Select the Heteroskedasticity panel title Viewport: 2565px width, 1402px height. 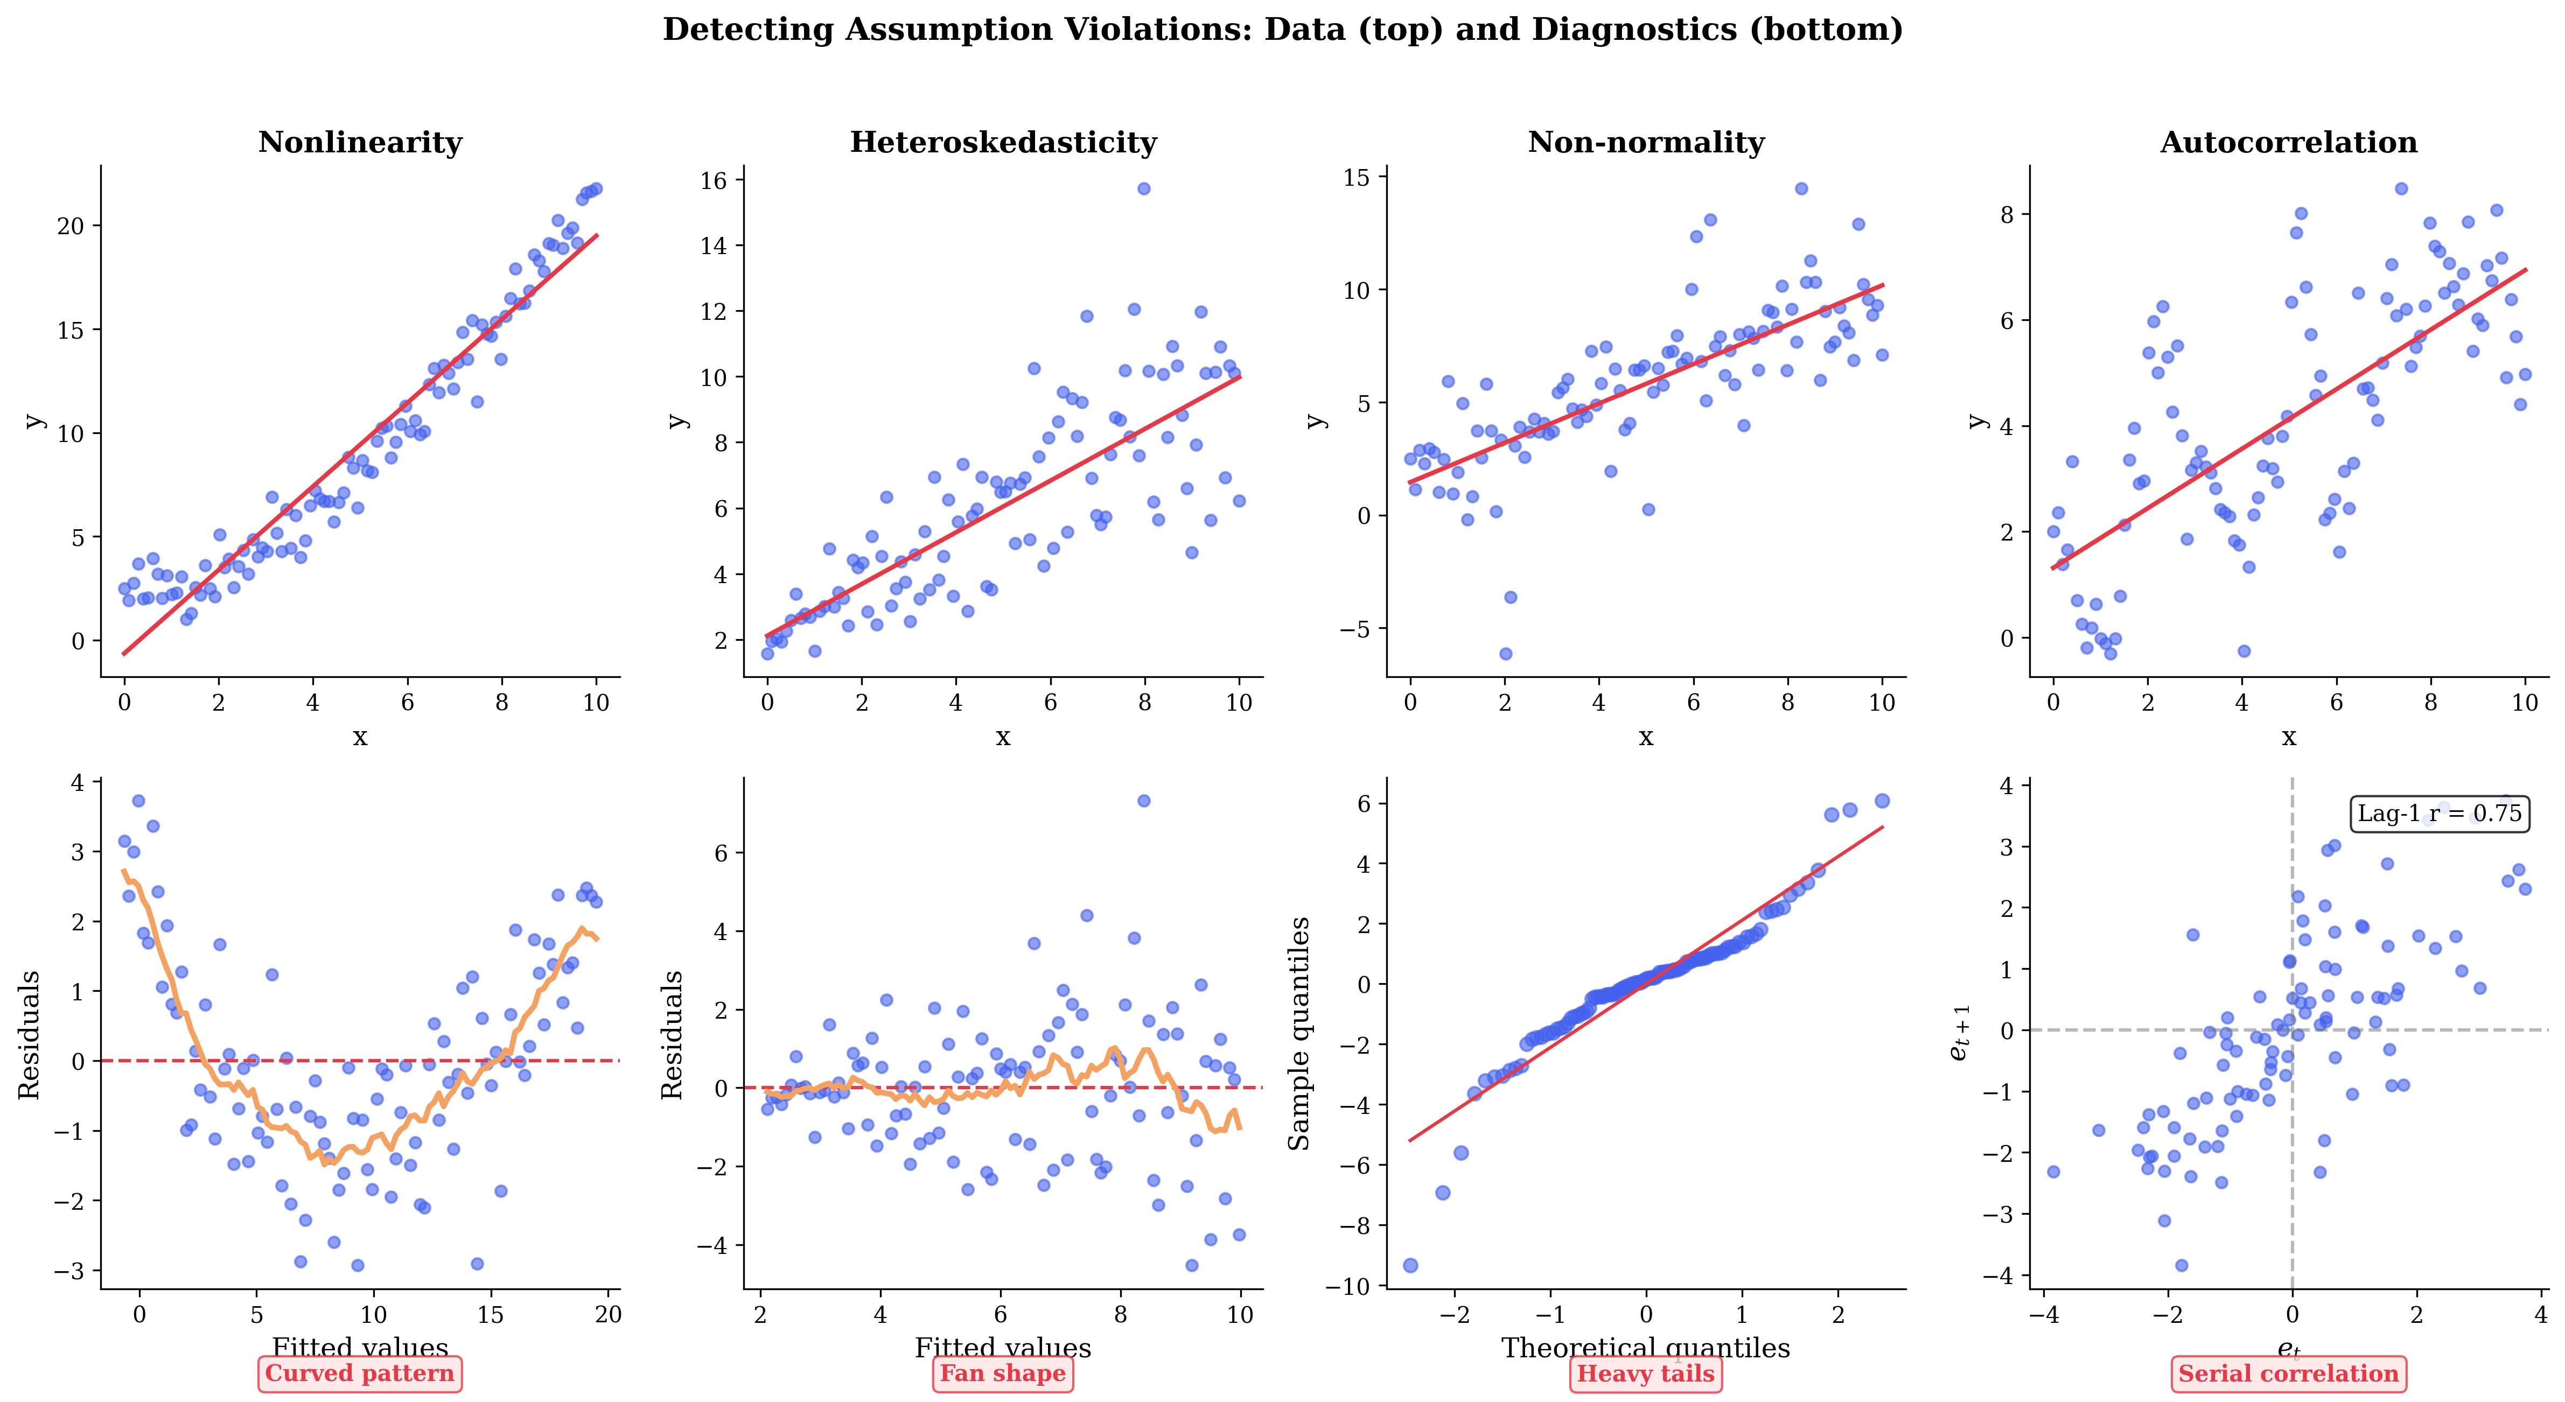(x=1003, y=142)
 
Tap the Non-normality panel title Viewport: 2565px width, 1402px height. (x=1646, y=142)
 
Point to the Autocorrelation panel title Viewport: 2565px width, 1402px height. (x=2288, y=142)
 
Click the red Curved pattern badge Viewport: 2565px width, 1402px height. (x=359, y=1374)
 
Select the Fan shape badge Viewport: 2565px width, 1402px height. (x=1003, y=1374)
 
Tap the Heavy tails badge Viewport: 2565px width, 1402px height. (x=1646, y=1374)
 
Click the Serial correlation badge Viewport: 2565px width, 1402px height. (x=2288, y=1374)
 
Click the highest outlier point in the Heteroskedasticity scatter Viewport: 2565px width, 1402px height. (x=1144, y=188)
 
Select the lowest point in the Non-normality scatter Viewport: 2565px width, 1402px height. (x=1506, y=654)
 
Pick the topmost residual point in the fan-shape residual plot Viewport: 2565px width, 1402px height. (x=1144, y=801)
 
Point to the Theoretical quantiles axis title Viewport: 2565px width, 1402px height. (x=1646, y=1348)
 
